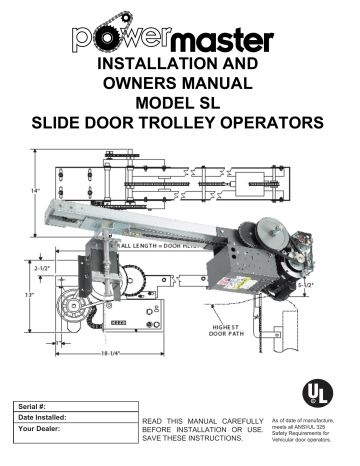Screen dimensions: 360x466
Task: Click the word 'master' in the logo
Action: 226,45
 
